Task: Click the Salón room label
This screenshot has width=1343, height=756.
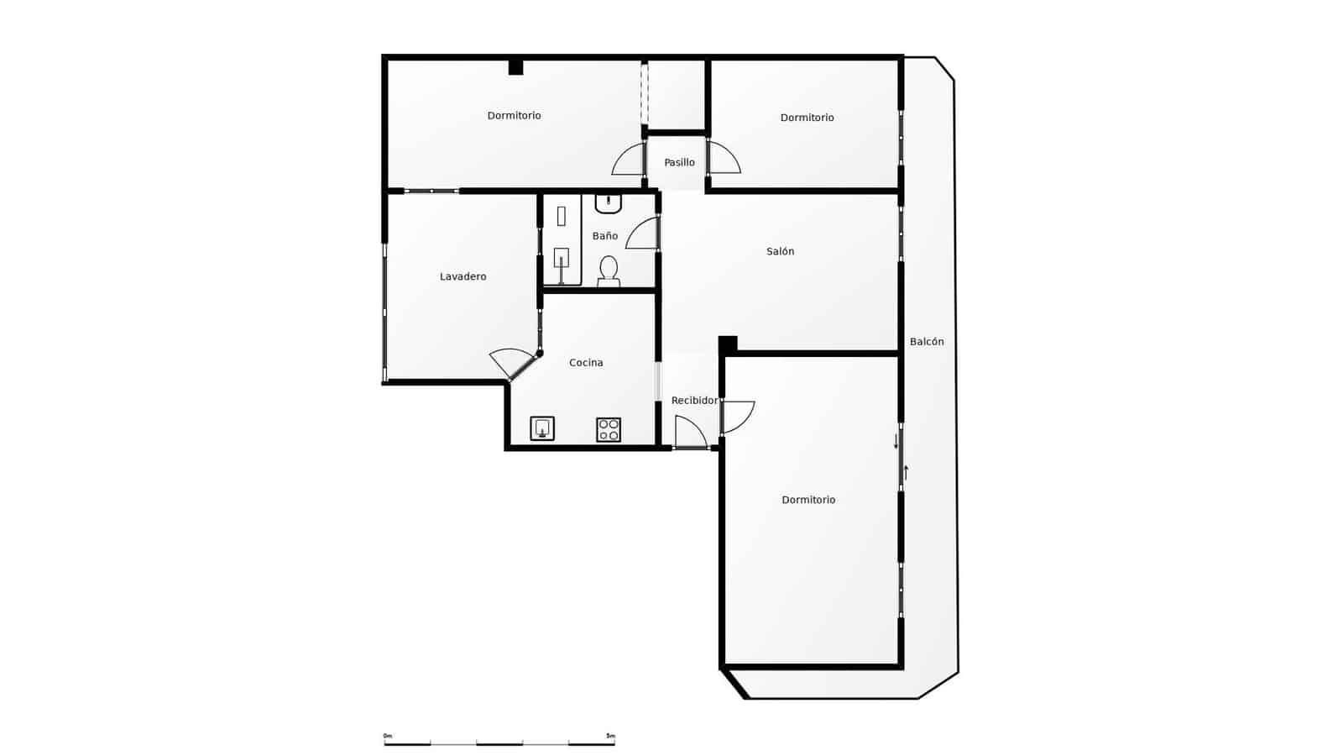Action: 780,251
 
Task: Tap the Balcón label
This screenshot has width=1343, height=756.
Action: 927,342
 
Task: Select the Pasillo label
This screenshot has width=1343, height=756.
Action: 679,162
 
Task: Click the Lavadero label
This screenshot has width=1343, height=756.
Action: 462,276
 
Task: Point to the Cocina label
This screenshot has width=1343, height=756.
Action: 586,363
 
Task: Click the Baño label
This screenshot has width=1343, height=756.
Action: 604,236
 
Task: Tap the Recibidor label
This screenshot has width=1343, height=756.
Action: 694,401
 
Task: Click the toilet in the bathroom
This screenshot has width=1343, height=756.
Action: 609,270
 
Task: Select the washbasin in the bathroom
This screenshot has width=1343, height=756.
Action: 609,202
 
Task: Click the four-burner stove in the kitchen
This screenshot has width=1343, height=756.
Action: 609,429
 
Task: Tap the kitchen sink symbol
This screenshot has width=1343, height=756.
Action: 542,428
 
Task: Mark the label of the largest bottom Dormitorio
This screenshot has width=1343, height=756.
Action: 808,500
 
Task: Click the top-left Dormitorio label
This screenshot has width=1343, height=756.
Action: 514,116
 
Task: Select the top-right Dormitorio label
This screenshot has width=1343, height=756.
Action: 807,118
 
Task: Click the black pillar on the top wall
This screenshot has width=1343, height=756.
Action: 515,67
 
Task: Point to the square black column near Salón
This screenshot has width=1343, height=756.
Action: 728,344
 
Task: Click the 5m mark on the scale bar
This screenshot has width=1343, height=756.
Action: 611,736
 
